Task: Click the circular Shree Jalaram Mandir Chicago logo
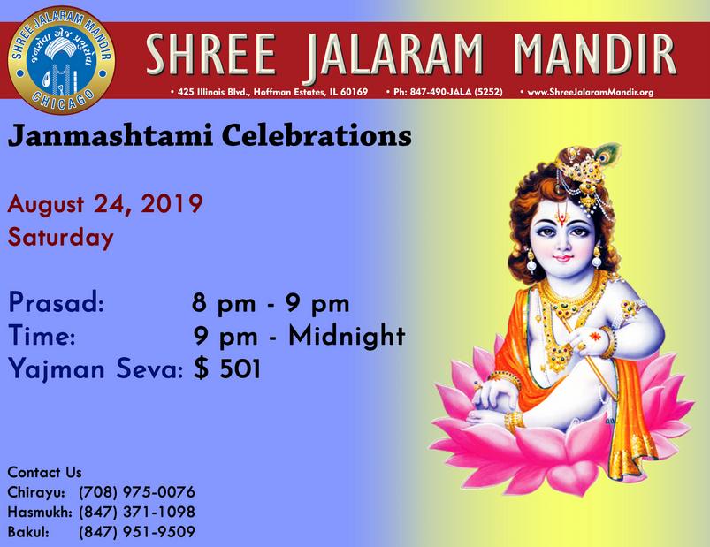[61, 60]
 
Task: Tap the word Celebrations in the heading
[317, 135]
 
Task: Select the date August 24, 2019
[105, 204]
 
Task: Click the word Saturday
[61, 238]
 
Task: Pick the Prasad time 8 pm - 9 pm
[271, 303]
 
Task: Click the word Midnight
[347, 335]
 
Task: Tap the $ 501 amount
[227, 368]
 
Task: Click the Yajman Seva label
[95, 369]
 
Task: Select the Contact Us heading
[45, 473]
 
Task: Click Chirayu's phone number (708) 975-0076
[137, 492]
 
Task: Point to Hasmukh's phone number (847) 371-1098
[137, 512]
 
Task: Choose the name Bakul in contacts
[28, 532]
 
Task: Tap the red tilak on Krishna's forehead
[562, 214]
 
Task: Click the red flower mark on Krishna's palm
[594, 336]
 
